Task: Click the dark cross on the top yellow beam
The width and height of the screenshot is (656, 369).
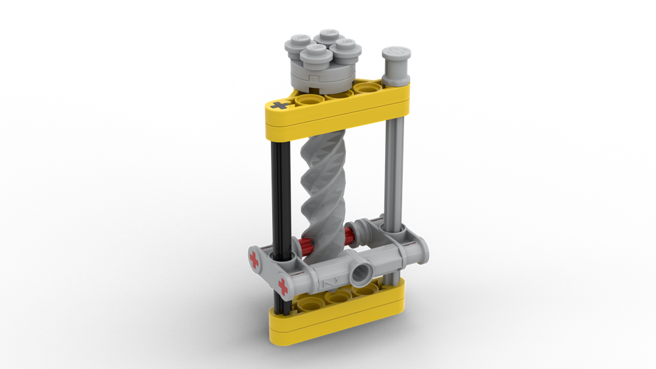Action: [x=281, y=104]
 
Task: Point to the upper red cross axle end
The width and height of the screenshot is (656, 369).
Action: [x=254, y=261]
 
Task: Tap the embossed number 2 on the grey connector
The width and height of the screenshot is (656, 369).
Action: [x=332, y=280]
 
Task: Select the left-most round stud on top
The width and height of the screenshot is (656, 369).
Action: [x=298, y=44]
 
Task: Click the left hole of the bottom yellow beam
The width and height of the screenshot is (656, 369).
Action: [x=308, y=303]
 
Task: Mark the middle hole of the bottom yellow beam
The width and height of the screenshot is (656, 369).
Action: [x=338, y=297]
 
